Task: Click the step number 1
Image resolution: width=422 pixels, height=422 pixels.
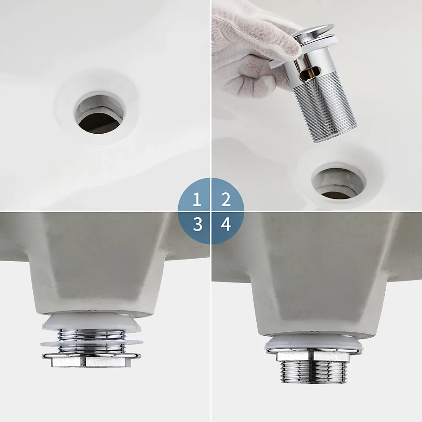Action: point(197,199)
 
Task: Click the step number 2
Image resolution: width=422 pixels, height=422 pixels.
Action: point(225,199)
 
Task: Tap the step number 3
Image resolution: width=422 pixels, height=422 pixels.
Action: point(198,224)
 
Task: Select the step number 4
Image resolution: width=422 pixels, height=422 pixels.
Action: point(226,224)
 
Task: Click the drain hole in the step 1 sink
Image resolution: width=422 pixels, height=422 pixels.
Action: point(99,113)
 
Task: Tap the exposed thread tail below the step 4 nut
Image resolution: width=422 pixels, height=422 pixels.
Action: point(313,372)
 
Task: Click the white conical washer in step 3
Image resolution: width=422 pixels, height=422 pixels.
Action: point(91,321)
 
